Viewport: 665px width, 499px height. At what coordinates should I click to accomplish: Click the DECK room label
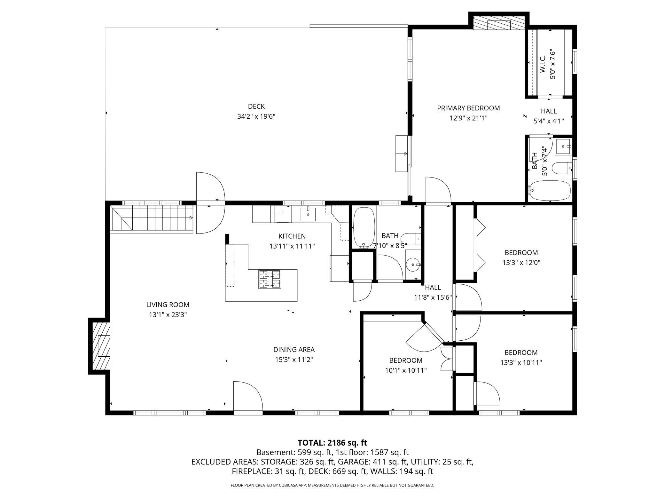256,106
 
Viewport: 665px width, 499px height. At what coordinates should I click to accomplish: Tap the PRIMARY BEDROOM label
468,108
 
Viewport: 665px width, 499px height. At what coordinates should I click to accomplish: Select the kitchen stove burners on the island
270,279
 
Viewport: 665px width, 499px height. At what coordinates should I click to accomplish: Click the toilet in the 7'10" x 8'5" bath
411,239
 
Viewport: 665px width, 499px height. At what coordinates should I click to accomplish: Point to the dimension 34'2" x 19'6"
256,116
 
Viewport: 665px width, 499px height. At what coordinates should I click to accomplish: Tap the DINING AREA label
294,350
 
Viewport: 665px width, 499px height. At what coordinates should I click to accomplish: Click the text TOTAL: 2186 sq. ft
332,443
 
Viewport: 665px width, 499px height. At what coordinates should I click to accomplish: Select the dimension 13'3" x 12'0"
521,263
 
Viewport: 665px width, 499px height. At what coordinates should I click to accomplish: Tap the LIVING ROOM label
168,305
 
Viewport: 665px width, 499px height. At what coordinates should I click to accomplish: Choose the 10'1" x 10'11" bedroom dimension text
406,370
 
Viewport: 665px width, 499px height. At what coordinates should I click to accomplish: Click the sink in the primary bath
563,147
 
